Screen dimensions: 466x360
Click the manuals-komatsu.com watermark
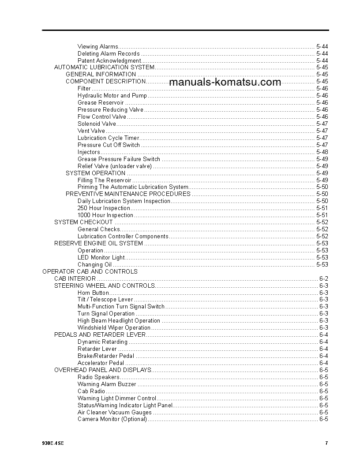(225, 82)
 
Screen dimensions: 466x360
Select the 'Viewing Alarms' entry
(98, 46)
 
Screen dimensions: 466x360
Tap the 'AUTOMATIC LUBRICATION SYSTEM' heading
(104, 68)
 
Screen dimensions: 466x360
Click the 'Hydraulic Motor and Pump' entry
(112, 95)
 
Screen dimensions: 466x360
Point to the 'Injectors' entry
(89, 152)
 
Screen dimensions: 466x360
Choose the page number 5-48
(322, 152)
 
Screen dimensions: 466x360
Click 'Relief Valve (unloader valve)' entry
(114, 166)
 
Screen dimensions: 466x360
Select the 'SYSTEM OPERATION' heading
(95, 173)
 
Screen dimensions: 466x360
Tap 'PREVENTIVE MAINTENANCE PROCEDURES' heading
(128, 194)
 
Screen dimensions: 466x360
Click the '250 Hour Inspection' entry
(104, 208)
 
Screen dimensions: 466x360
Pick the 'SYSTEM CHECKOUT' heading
(83, 222)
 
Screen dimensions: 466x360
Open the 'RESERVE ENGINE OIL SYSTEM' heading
(98, 243)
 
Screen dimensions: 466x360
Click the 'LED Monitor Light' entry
(101, 257)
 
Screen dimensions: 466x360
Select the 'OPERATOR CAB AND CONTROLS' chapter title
(90, 271)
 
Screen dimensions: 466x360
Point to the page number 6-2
(323, 278)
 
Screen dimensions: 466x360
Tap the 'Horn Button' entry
(93, 293)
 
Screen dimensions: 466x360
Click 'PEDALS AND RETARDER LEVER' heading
(100, 334)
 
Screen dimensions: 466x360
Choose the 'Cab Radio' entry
(91, 391)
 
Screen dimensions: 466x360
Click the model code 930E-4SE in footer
(52, 443)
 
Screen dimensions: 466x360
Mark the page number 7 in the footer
(326, 443)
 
